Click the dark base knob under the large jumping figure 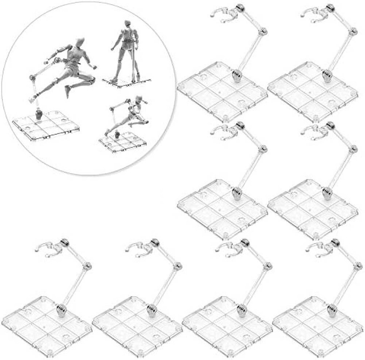(38, 114)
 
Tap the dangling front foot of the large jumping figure (68, 92)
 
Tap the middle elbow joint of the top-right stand (353, 31)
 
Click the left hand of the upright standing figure (113, 49)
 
